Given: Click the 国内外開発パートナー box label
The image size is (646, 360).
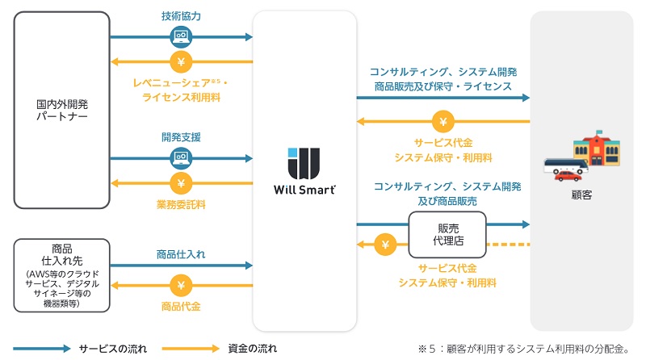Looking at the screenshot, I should [61, 111].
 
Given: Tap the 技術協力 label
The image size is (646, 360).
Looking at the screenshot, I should [181, 16].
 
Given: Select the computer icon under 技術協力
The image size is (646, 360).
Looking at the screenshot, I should [181, 36].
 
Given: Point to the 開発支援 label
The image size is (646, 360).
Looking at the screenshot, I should [181, 137].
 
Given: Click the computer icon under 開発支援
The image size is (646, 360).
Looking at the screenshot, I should [181, 157].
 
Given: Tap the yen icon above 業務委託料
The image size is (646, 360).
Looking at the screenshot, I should [181, 182].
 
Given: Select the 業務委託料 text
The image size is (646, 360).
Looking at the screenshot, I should [181, 205].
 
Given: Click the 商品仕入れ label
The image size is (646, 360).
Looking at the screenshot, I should [181, 254].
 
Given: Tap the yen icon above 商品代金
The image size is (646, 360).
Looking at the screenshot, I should [181, 284].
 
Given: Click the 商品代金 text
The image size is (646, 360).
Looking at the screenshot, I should [181, 307].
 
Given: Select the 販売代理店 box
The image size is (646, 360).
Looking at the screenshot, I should [447, 232].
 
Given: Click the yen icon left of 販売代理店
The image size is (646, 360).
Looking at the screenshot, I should [385, 245].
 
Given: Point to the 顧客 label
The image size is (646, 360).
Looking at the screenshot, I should [581, 195].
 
